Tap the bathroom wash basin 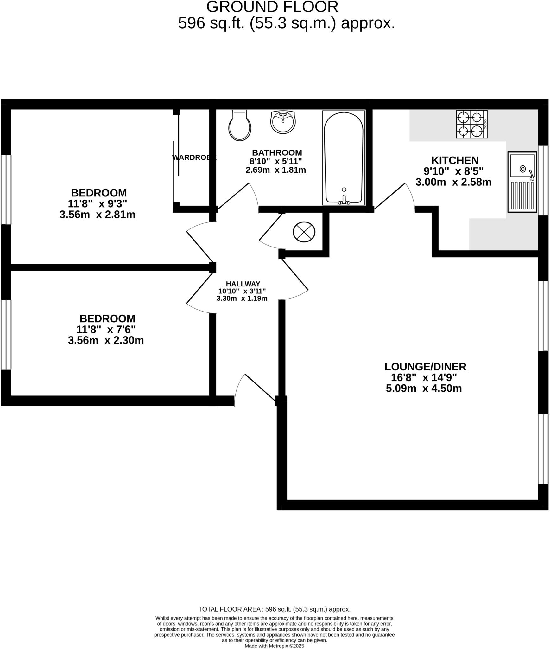pos(283,122)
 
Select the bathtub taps pos(344,201)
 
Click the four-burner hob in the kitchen pos(471,124)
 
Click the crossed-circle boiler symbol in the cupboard pos(304,232)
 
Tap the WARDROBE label pos(194,157)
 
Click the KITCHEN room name pos(455,160)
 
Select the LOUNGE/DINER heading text pos(425,367)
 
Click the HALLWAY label pos(243,284)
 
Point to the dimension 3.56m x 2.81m pos(97,215)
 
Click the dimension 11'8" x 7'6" pos(106,330)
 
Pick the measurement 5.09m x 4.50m pos(424,389)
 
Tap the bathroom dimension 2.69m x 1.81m pos(275,170)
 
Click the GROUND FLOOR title pos(272,7)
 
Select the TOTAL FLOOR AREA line pos(274,609)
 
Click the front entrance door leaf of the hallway pos(260,388)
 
